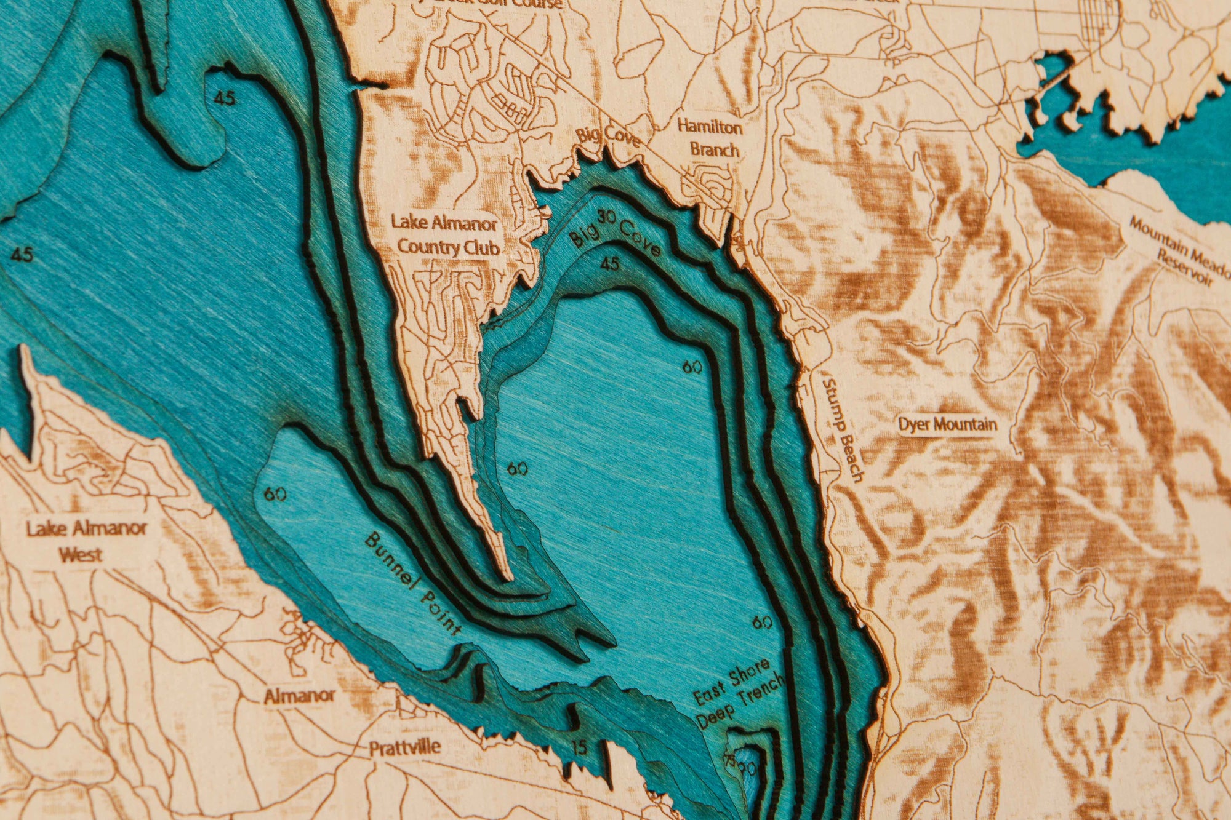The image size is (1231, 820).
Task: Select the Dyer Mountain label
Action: point(947,424)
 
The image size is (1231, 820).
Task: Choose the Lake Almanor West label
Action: point(86,541)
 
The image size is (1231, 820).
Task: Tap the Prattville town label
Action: point(404,748)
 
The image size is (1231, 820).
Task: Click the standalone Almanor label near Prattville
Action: point(299,696)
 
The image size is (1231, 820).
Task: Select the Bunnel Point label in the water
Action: point(412,585)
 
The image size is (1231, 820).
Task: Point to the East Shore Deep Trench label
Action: point(739,693)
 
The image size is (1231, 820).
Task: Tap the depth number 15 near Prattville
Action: point(578,748)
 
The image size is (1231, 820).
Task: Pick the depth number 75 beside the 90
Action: point(730,760)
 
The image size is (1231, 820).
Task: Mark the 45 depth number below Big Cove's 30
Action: point(609,264)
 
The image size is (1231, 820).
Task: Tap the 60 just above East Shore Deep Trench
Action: point(762,623)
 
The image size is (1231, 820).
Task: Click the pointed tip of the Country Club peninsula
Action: point(508,577)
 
